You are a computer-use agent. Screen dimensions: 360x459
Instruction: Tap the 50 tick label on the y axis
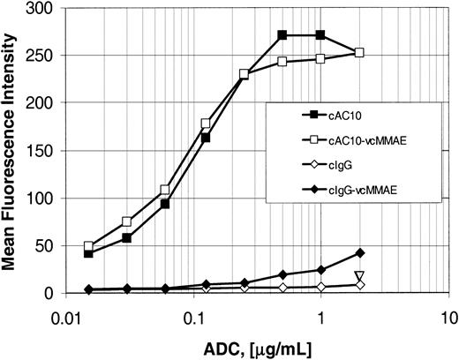(42, 245)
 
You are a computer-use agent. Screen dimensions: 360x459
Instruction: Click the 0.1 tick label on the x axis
(192, 316)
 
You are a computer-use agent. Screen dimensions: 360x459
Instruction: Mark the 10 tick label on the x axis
(448, 316)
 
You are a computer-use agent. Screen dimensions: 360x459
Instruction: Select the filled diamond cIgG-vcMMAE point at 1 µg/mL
(320, 270)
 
